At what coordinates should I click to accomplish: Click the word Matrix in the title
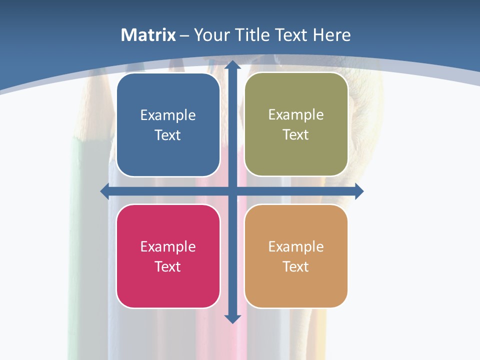click(x=148, y=35)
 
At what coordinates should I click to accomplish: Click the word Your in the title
click(x=211, y=35)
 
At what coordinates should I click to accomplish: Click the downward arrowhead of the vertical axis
click(x=232, y=318)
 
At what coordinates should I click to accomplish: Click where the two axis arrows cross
click(x=232, y=191)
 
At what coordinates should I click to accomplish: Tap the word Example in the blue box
click(x=168, y=115)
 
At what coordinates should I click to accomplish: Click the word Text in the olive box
click(x=296, y=135)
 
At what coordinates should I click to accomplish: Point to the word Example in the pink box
click(x=168, y=247)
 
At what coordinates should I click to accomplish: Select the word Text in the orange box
click(x=296, y=266)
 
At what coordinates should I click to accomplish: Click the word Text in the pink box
click(x=168, y=266)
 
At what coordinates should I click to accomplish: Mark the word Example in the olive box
click(x=296, y=115)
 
